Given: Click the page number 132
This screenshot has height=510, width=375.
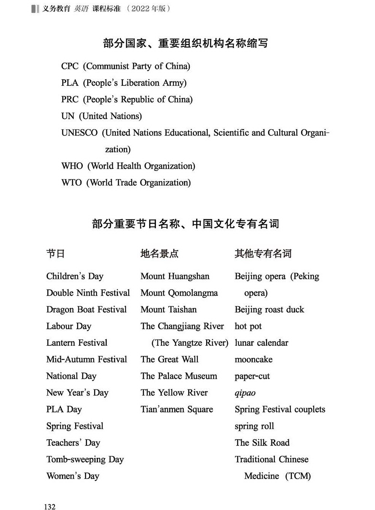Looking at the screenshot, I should point(50,507).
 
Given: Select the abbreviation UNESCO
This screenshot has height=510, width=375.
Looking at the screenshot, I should point(79,133).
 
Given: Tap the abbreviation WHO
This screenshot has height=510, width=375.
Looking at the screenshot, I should point(72,166).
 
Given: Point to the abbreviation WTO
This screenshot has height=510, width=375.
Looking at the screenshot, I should point(71,183).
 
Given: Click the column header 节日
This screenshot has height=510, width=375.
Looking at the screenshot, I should point(55,254).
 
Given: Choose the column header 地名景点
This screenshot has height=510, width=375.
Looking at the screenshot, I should point(159,254).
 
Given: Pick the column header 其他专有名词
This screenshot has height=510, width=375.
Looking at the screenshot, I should point(263,254).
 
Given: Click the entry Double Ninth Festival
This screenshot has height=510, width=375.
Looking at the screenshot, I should point(88,293).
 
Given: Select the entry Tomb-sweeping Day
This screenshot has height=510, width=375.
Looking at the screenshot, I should point(85,460).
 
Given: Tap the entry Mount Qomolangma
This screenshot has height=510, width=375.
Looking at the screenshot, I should point(179,293).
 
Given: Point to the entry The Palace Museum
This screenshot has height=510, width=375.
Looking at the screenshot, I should point(179,376).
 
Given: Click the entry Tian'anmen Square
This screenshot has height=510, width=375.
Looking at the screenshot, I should point(177,410).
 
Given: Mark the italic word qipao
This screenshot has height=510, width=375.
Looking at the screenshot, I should point(245,393).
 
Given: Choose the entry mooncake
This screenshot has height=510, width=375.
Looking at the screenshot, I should point(254,359).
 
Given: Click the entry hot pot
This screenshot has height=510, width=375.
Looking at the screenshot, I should point(248,326).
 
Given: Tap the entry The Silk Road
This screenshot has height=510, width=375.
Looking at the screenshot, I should point(262,443).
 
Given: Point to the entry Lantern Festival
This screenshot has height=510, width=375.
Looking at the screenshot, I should point(77,343).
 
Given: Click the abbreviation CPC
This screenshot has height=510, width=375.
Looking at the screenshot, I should point(70,66).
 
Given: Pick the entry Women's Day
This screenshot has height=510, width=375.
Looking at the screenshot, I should point(73,476).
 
